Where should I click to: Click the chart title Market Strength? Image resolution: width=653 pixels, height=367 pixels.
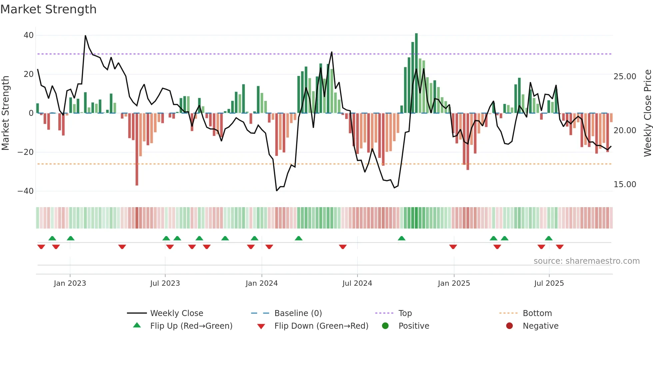[48, 9]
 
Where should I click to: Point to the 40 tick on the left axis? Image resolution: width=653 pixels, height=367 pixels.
[29, 35]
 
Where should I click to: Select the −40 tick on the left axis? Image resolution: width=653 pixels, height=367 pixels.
[26, 191]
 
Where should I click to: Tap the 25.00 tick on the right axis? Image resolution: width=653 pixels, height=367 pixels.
[625, 77]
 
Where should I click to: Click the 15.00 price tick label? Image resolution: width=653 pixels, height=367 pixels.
[625, 184]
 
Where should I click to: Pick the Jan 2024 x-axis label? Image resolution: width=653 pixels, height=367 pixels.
[262, 283]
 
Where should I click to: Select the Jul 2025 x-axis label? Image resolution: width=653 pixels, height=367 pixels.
[549, 283]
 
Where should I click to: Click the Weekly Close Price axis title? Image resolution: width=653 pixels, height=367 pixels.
[647, 113]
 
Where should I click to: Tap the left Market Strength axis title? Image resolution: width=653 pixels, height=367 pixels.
[6, 113]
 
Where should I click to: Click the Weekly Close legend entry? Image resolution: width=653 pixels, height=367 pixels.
[176, 313]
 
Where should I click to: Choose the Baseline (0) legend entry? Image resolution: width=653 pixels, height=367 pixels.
[298, 313]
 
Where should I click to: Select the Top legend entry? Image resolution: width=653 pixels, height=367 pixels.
[405, 313]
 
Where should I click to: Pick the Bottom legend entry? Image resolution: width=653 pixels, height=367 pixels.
[537, 313]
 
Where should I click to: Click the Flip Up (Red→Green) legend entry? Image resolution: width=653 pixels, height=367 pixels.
[191, 326]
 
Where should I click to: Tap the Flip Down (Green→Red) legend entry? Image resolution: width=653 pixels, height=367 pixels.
[321, 326]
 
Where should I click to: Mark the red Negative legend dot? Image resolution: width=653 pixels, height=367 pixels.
[509, 326]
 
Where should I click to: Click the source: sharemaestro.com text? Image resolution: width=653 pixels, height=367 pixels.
[586, 261]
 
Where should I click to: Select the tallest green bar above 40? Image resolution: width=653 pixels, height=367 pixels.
[416, 73]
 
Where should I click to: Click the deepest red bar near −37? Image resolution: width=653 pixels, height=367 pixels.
[137, 150]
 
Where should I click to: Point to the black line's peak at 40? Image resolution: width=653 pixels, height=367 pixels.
[85, 36]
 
